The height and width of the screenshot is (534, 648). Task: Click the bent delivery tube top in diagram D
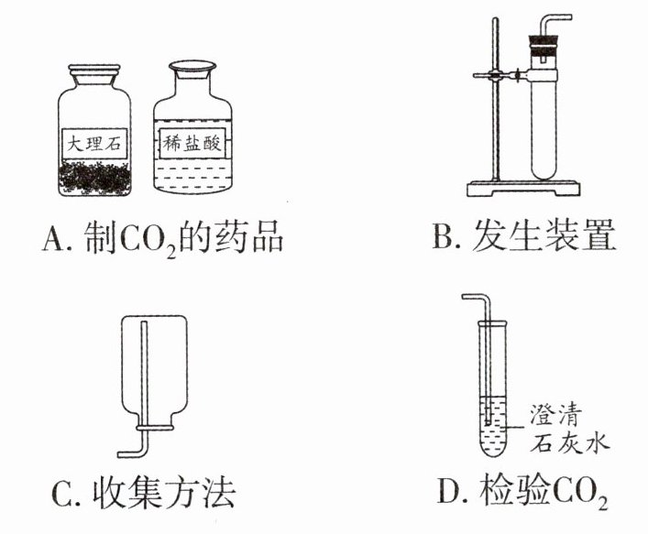(x=476, y=299)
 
